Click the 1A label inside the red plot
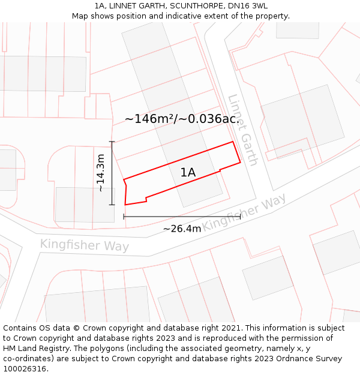188,173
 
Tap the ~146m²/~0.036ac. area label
182,119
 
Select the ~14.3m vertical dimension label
101,173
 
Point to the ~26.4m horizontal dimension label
182,229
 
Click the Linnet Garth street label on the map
243,130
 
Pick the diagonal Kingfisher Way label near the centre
244,213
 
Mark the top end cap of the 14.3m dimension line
112,142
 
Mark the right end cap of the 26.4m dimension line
240,216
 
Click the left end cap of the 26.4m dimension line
124,216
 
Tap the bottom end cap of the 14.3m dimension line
112,205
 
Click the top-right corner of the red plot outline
233,142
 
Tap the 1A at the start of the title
100,6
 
